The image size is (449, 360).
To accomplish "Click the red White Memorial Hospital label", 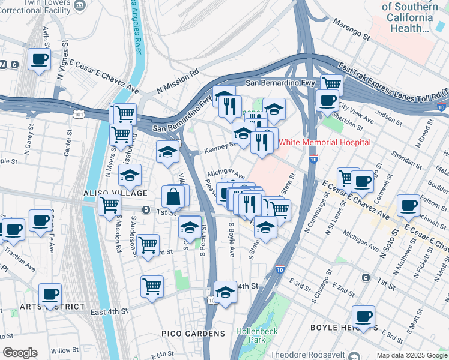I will [x=325, y=143].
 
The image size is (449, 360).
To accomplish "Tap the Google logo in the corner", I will [x=20, y=353].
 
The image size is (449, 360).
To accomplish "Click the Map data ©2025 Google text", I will [x=412, y=355].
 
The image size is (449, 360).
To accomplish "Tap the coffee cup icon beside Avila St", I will [x=40, y=59].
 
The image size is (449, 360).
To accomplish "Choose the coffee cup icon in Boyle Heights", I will [x=363, y=317].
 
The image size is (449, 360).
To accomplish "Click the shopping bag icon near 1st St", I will [x=173, y=196].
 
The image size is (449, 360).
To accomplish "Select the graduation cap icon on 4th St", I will [x=225, y=292].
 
